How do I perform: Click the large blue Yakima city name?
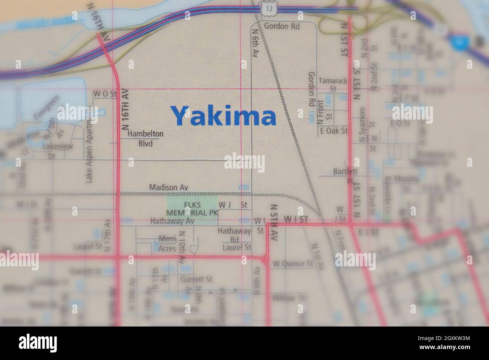[224, 116]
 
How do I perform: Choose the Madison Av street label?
[169, 187]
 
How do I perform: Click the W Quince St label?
[293, 263]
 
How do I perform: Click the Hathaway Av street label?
[172, 221]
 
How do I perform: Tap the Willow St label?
[289, 298]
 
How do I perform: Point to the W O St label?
[105, 93]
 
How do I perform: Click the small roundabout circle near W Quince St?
[266, 260]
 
